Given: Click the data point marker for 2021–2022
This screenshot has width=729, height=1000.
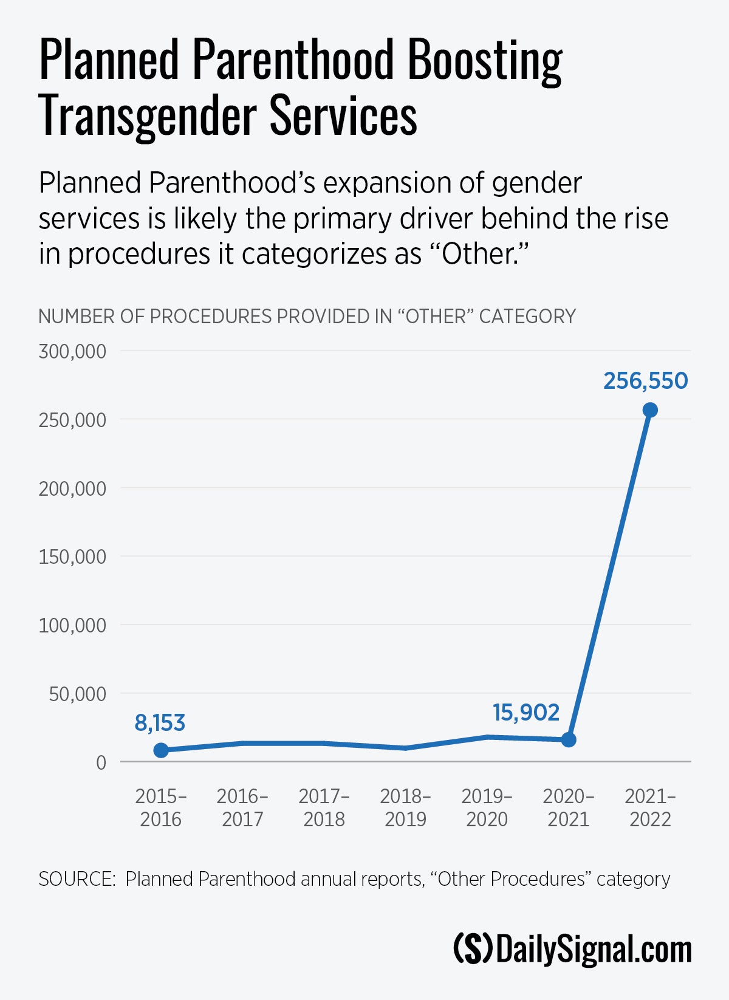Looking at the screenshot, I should [649, 410].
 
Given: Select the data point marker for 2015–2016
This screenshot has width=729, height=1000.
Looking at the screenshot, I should [161, 750].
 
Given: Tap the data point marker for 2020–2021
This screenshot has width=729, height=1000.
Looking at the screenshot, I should [569, 739].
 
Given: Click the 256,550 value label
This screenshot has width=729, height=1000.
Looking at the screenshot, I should [645, 381].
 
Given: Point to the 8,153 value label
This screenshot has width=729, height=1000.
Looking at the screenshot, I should [160, 723].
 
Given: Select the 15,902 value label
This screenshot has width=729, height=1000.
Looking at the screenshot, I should [525, 713].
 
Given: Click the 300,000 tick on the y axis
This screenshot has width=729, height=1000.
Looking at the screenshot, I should [72, 351].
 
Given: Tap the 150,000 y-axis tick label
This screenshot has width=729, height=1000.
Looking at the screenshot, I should [72, 557].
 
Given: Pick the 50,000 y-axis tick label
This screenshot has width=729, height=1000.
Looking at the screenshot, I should [77, 694].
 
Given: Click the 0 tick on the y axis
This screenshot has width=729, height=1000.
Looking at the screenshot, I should [101, 762].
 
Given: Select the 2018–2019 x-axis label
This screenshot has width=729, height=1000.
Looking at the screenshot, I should [405, 807].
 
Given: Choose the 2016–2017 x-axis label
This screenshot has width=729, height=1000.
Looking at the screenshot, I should [242, 807].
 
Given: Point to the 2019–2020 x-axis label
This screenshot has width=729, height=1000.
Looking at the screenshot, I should [487, 807].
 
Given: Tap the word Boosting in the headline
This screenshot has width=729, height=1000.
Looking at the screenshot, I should [484, 61].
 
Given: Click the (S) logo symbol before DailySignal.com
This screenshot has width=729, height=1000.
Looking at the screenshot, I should [473, 949].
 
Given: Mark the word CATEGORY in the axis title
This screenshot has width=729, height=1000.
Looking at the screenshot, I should [527, 317].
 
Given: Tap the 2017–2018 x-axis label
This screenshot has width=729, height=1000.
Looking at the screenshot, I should [324, 807].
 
